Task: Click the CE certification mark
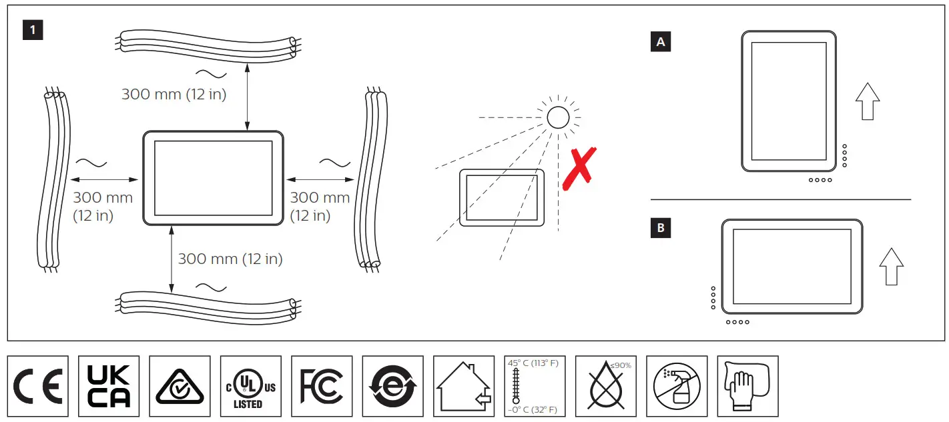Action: [x=38, y=386]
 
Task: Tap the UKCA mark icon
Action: [x=109, y=386]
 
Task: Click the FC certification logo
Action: [x=322, y=386]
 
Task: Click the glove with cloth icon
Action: [x=747, y=386]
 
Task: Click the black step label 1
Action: [x=33, y=30]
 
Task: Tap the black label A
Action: [x=661, y=42]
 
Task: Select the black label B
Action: [x=661, y=228]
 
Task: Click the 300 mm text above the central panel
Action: [x=174, y=95]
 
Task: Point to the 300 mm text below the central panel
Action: [x=230, y=259]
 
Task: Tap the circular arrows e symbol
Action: [x=392, y=386]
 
